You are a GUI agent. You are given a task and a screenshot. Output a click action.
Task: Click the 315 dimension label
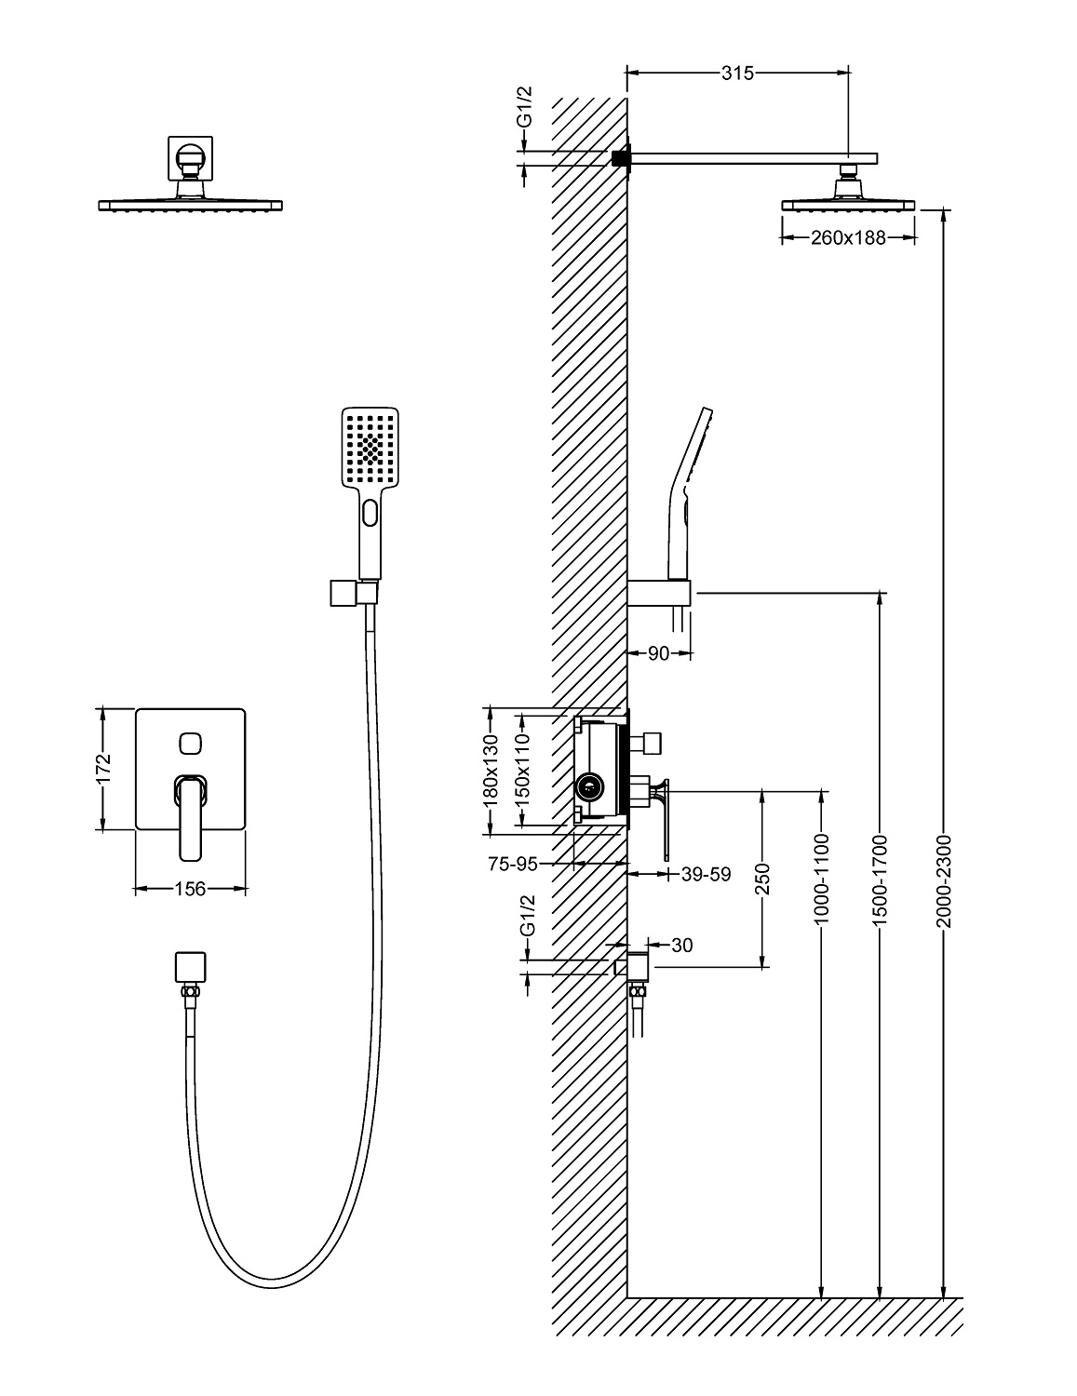click(x=737, y=74)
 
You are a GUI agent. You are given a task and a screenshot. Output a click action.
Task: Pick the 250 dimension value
click(x=763, y=878)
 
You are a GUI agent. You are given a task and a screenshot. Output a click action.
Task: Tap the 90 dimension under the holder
click(x=658, y=653)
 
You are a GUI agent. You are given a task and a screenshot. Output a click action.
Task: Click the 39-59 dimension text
click(x=706, y=874)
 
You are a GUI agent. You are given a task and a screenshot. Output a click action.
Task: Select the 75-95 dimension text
click(x=513, y=864)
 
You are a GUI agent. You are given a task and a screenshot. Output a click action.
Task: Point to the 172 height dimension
click(x=103, y=770)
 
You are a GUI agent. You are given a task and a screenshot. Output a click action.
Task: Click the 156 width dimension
click(x=191, y=890)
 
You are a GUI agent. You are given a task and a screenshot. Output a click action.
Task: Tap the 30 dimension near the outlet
click(x=681, y=946)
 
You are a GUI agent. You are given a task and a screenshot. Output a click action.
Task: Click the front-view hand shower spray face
click(x=370, y=448)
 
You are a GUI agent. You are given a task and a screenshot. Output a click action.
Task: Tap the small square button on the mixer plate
click(x=190, y=742)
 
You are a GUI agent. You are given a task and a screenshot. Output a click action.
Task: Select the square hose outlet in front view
click(x=190, y=967)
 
